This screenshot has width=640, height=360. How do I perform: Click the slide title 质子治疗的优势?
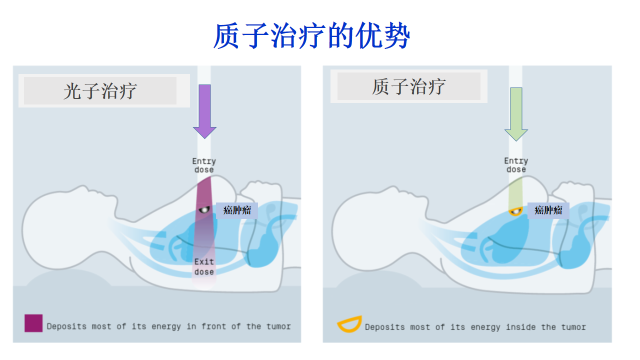[311, 36]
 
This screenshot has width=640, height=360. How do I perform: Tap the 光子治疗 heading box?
[100, 91]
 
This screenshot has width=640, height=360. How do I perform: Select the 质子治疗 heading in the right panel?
[408, 86]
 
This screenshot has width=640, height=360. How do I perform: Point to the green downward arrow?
[516, 113]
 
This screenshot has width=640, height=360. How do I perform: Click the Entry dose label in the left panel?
[204, 165]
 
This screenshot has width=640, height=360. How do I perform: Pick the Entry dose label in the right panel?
[516, 165]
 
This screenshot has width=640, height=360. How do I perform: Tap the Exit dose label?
[204, 266]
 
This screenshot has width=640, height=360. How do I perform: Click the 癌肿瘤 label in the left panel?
[237, 210]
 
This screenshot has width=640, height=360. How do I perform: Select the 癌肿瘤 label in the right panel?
[548, 210]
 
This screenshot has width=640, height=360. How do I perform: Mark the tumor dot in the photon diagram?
[203, 209]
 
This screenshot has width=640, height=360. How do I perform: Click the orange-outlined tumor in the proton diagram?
[515, 211]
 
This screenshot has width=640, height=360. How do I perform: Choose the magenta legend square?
[33, 323]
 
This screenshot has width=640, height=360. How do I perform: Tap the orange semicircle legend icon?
[349, 325]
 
